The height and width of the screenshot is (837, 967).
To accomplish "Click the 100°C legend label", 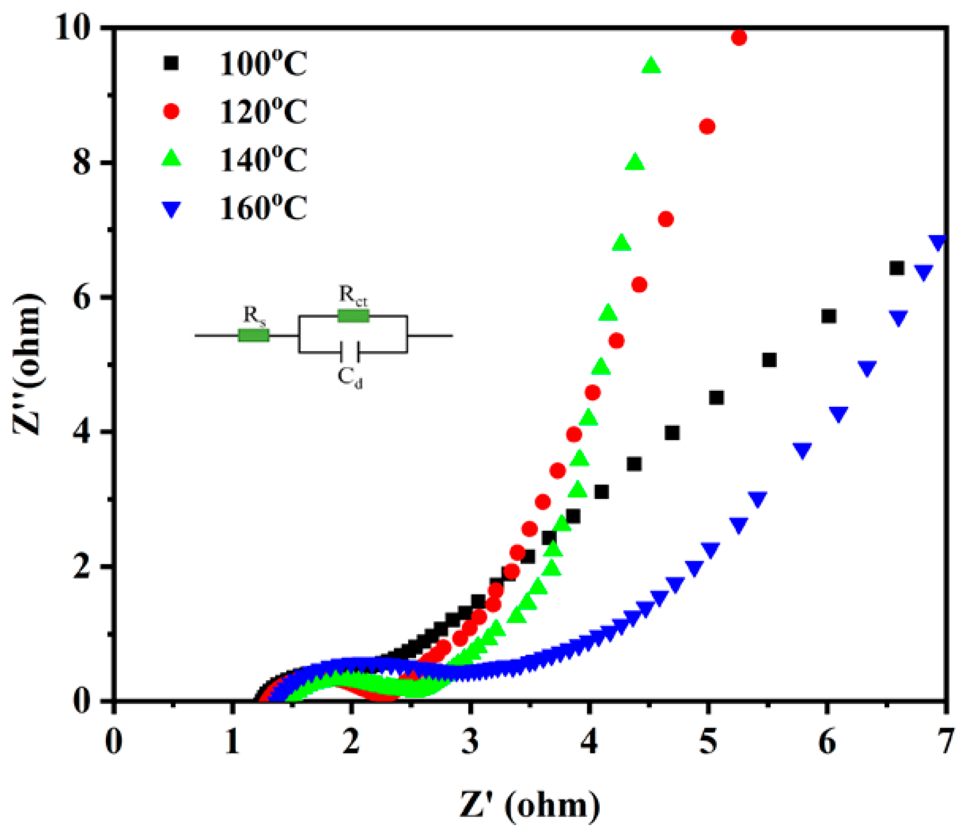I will pos(263,64).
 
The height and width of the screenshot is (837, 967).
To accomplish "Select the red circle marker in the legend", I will pos(171,112).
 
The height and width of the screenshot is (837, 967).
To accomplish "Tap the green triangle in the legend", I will pos(171,159).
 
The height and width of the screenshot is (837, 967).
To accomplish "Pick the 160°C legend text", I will pos(263,208).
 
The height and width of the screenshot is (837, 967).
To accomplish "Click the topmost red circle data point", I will pos(739,37).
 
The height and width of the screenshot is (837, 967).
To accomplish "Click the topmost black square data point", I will pos(896,268).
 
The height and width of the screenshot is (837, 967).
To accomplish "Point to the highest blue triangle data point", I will pos(938,242).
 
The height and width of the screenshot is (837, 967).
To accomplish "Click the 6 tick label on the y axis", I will pos(82,297).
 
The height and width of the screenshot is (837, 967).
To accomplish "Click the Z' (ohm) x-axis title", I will pos(530,805).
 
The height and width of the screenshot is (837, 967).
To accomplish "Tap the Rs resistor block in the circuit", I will pos(254,335).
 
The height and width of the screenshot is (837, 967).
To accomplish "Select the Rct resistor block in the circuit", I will pos(353,316).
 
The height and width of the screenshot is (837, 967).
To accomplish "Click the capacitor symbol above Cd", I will pos(349,352).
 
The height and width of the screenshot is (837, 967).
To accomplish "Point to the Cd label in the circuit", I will pos(350,378).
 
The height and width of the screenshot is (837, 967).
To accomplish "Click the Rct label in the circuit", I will pos(353,295).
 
